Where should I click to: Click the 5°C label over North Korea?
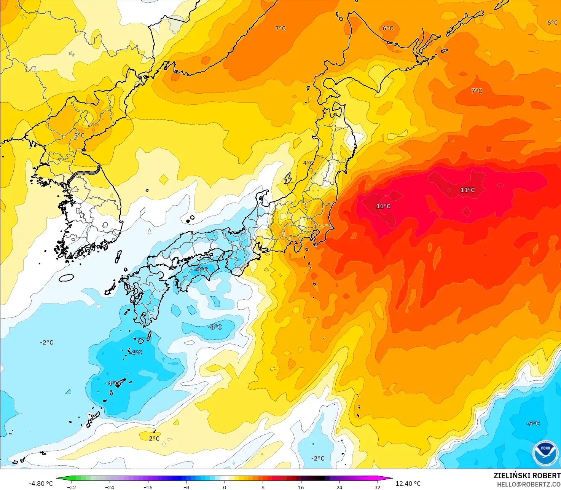click(x=79, y=136)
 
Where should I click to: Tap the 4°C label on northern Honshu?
click(x=308, y=163)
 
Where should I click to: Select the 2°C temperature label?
click(x=154, y=439)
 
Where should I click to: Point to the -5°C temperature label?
click(x=533, y=423)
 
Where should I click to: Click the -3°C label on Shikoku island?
click(x=201, y=270)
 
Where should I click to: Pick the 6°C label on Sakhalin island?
click(x=388, y=28)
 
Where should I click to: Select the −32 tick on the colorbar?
click(x=72, y=487)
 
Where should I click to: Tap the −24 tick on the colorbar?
click(x=110, y=487)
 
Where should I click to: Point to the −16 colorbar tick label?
click(x=148, y=487)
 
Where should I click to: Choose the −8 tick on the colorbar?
click(x=186, y=487)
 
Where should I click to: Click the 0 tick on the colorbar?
click(x=225, y=487)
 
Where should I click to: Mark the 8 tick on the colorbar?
click(x=263, y=487)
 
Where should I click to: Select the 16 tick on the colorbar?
click(x=301, y=487)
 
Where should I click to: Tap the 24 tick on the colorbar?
click(x=339, y=487)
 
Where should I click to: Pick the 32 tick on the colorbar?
click(x=377, y=487)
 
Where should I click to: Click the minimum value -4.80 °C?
click(x=41, y=484)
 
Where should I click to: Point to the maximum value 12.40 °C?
click(x=408, y=484)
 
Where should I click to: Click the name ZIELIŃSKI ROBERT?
click(x=527, y=476)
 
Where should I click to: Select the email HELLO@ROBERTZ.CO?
click(x=529, y=484)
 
